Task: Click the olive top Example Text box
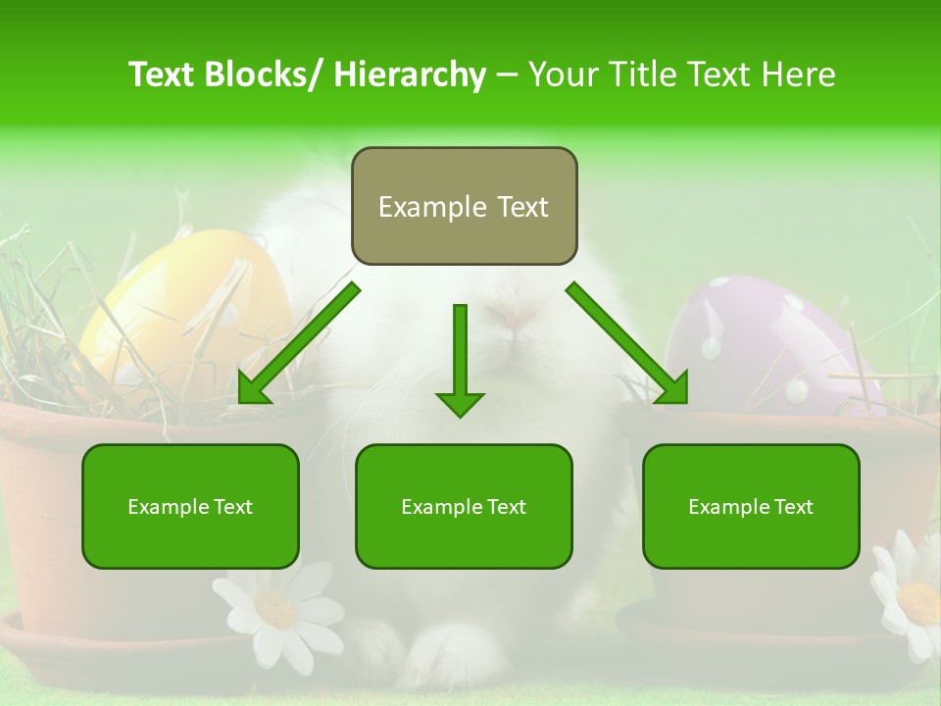point(464,206)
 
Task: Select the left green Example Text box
point(190,506)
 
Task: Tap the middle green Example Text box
point(464,506)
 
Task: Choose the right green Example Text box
point(751,506)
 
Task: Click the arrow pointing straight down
point(460,363)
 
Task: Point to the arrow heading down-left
point(294,345)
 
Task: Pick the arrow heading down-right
point(630,345)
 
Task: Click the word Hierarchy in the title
point(410,75)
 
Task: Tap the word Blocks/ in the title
point(268,75)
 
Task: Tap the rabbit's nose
point(517,316)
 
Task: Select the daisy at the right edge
point(912,593)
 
